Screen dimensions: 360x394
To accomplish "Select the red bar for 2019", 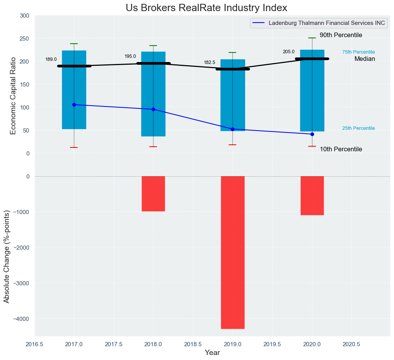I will [x=232, y=252].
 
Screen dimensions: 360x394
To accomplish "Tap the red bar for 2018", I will [x=153, y=193].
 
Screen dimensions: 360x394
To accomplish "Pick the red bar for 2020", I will [x=312, y=195].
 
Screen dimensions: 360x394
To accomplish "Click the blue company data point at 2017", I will [x=74, y=105].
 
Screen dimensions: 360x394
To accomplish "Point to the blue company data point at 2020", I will [x=312, y=134].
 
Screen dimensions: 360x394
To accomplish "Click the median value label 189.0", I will [x=51, y=59].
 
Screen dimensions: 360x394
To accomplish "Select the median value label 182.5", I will [x=209, y=62].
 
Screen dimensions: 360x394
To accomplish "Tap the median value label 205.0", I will [x=289, y=52].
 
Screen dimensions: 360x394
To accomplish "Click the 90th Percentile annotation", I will [x=341, y=35].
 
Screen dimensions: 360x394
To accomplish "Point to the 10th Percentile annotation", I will [x=341, y=149].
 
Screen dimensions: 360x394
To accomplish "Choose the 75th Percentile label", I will [x=358, y=52].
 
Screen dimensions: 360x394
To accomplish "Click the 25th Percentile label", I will [x=358, y=128].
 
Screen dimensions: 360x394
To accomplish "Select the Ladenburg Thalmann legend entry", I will [x=327, y=23].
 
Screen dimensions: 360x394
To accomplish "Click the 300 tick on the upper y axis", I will [x=25, y=16].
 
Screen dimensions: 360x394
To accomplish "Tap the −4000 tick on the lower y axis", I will [x=21, y=319].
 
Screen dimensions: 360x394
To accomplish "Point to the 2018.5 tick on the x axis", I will [x=193, y=344].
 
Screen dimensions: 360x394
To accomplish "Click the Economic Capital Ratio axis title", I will [x=13, y=96].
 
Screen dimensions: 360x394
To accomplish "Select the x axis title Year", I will [x=212, y=353].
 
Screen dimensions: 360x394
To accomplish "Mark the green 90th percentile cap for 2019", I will [x=232, y=52].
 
